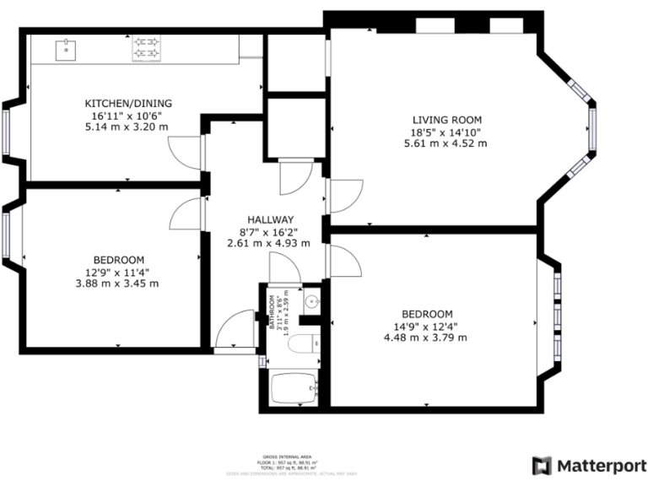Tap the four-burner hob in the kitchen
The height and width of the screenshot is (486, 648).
(147, 48)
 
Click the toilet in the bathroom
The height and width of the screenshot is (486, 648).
(303, 343)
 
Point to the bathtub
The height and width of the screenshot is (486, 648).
(294, 390)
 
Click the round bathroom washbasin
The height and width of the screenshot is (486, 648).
(310, 300)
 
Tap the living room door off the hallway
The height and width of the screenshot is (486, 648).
(346, 197)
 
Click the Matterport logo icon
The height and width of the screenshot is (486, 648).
(542, 465)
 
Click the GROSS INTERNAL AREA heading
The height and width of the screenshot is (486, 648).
(288, 456)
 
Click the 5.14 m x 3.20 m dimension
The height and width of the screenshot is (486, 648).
(126, 127)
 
